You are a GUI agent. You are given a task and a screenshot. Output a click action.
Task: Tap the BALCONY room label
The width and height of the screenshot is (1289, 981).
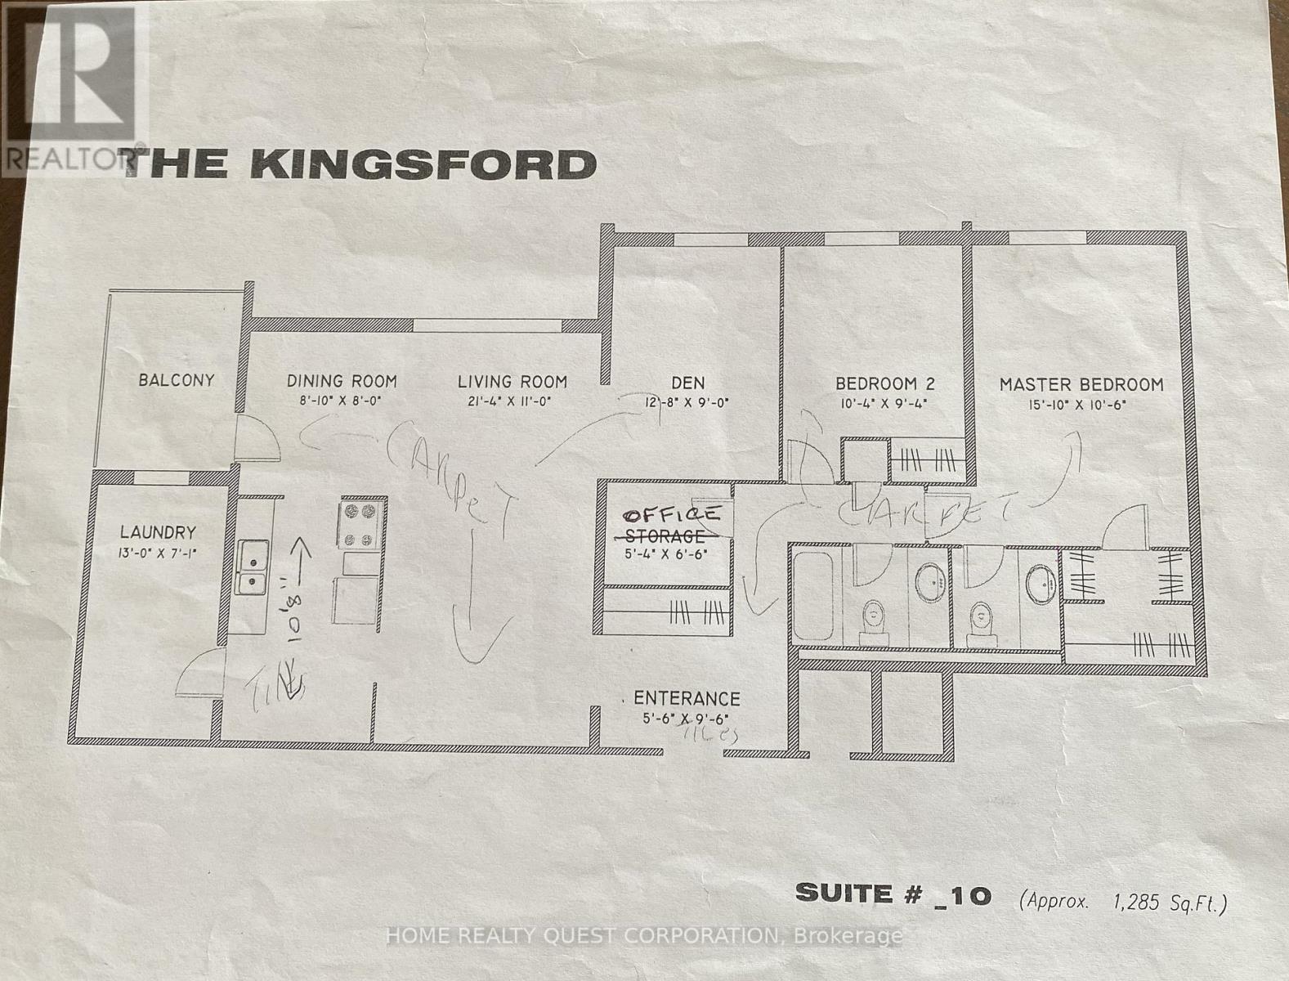[x=177, y=380]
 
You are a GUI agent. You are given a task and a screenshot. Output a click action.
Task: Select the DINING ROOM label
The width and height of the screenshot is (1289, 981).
[x=342, y=381]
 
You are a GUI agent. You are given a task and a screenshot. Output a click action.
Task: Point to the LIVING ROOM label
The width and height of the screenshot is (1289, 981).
[x=512, y=381]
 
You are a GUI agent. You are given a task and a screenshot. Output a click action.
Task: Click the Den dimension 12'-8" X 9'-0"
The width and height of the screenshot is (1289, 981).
[x=687, y=402]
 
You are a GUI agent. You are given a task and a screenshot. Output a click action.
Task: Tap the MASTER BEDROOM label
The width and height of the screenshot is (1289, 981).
[x=1081, y=384]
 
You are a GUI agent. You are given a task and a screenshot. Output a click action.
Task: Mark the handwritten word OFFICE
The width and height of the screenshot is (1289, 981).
[x=672, y=516]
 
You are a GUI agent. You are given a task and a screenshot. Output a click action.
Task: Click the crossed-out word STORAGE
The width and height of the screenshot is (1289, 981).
[x=664, y=536]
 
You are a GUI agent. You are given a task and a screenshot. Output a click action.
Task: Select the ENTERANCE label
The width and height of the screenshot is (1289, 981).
[x=687, y=699]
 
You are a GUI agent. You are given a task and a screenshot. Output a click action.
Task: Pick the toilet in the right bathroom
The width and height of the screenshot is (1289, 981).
[x=978, y=622]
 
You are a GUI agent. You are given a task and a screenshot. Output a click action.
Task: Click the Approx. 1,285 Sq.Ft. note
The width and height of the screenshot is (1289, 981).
[x=1124, y=902]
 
